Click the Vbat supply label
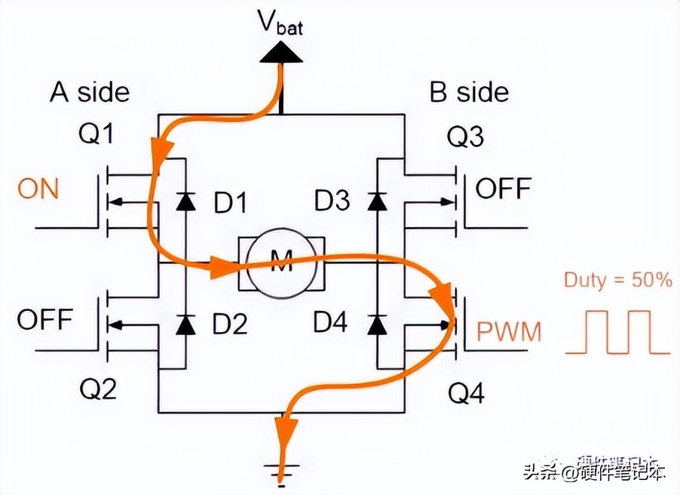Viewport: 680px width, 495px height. tap(282, 23)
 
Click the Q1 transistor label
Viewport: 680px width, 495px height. tap(97, 136)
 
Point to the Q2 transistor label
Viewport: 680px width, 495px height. tap(97, 390)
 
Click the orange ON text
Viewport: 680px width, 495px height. tap(38, 189)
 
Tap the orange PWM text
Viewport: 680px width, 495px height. tap(508, 332)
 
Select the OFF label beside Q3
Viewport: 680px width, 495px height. tap(503, 189)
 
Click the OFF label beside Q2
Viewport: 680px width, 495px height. tap(45, 320)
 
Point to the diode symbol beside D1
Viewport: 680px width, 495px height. tap(183, 201)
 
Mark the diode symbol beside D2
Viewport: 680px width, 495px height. tap(183, 324)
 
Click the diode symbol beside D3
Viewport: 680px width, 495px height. tap(378, 201)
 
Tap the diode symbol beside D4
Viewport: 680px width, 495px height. tap(378, 324)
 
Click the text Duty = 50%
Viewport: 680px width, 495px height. tap(617, 281)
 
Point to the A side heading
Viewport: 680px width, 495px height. tap(90, 93)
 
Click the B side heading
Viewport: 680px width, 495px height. tap(469, 93)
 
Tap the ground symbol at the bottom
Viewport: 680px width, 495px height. tap(281, 471)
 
